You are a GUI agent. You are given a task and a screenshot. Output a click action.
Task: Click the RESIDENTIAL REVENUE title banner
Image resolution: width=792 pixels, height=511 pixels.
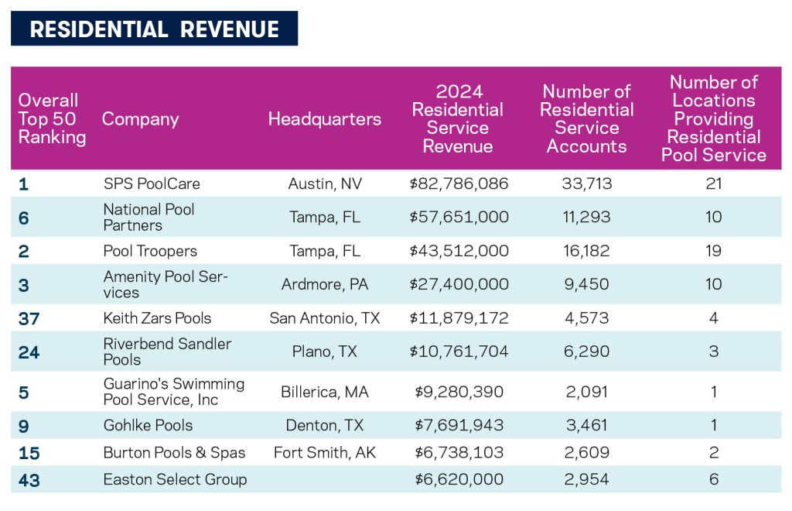click(x=154, y=29)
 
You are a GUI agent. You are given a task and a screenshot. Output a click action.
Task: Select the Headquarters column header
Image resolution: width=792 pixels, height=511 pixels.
click(x=325, y=119)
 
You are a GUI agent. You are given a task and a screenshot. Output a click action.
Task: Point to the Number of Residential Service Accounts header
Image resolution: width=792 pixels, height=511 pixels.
click(x=587, y=119)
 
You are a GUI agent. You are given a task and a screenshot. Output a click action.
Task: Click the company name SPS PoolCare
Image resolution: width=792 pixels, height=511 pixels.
click(x=152, y=184)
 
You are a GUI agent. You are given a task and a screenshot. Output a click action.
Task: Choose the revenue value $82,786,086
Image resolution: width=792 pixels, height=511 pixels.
click(x=459, y=184)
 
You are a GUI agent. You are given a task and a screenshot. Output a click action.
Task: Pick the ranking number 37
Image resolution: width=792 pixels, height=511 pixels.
click(x=29, y=318)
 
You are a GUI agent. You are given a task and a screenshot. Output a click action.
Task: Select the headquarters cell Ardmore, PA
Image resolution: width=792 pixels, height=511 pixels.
click(x=325, y=284)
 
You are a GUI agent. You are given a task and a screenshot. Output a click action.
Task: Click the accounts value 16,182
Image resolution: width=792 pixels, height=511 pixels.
click(x=587, y=251)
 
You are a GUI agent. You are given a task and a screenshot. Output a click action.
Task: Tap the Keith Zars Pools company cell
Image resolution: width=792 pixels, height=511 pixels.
click(x=157, y=318)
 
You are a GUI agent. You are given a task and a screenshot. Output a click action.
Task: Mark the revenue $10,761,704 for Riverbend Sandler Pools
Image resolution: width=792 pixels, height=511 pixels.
click(x=459, y=352)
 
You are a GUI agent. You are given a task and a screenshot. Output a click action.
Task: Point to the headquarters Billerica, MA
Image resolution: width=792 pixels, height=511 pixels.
click(x=325, y=392)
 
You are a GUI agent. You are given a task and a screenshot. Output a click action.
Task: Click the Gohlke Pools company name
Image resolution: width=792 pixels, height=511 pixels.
click(x=148, y=425)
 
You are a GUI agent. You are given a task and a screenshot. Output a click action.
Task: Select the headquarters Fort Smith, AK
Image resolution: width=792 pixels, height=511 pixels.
click(x=325, y=453)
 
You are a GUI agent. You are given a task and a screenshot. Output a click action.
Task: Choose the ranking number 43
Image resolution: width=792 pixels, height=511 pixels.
click(x=29, y=480)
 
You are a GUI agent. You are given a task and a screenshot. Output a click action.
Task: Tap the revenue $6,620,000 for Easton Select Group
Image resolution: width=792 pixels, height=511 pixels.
click(x=459, y=480)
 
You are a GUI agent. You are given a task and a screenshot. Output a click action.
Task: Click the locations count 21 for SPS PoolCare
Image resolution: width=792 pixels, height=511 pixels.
click(x=714, y=184)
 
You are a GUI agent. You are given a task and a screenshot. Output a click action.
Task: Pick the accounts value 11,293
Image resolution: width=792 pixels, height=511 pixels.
click(x=587, y=218)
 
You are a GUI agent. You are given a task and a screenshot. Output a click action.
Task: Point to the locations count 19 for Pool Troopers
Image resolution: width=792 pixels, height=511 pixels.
click(x=714, y=251)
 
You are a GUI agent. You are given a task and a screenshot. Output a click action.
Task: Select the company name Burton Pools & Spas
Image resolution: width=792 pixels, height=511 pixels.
click(x=174, y=453)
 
